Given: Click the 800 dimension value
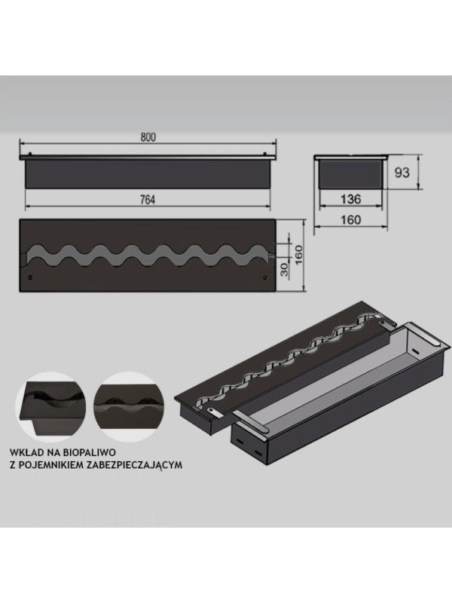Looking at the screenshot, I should pos(148,136).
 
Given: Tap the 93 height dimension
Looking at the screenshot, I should pos(403,172).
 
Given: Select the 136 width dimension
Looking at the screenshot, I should pos(351,200).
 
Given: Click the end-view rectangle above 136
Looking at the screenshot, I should pos(351,173).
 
